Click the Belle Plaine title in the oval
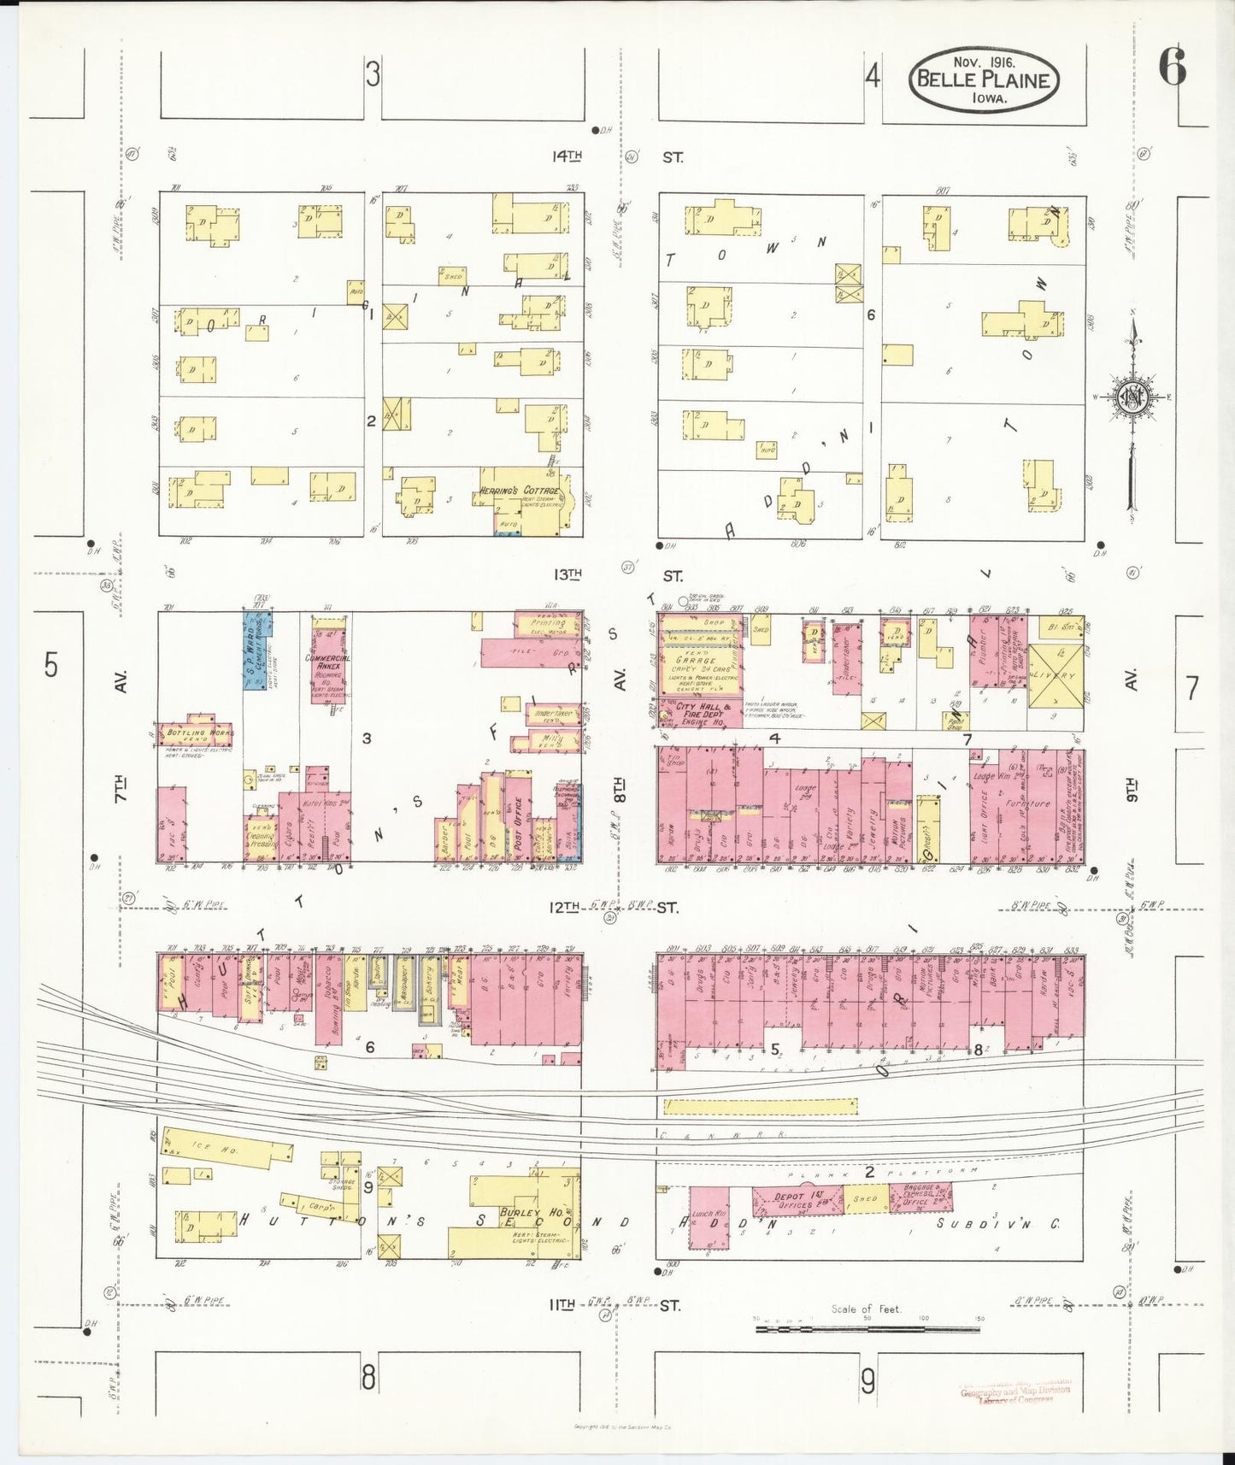pos(983,80)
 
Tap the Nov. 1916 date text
pos(984,62)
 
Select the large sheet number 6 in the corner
pos(1173,67)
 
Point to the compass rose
pos(1133,397)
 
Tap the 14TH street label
pos(567,156)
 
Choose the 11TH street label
pos(562,1305)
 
